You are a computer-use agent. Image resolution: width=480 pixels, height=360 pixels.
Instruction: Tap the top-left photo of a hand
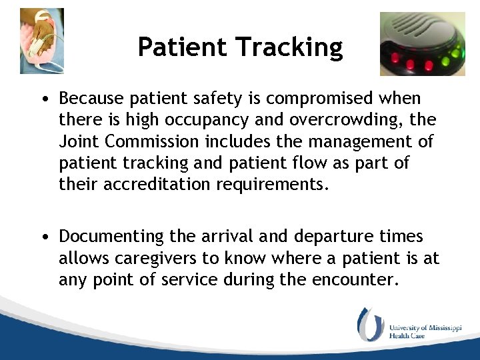(x=42, y=41)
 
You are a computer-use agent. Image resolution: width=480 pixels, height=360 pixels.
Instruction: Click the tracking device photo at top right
(x=423, y=43)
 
